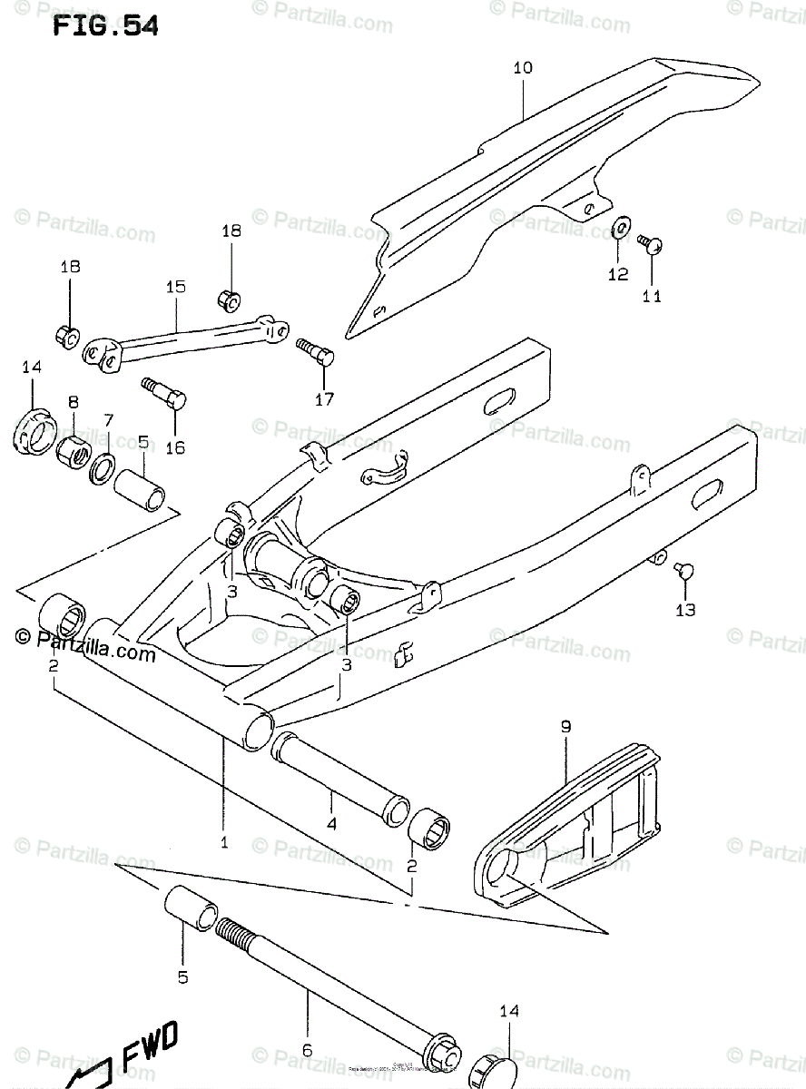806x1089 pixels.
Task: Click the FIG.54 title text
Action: point(104,26)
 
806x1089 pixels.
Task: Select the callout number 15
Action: point(175,288)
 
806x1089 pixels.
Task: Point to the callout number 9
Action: point(565,726)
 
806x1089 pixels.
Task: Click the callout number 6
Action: point(307,1050)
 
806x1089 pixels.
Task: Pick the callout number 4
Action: point(331,824)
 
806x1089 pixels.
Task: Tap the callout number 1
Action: point(223,842)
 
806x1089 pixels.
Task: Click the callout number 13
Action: point(685,610)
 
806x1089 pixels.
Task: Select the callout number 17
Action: point(324,398)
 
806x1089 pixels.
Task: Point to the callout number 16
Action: point(175,446)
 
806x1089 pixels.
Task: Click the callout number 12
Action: point(618,274)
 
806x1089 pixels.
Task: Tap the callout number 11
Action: point(652,296)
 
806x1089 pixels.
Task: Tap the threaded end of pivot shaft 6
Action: point(232,934)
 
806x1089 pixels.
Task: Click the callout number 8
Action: point(74,401)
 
